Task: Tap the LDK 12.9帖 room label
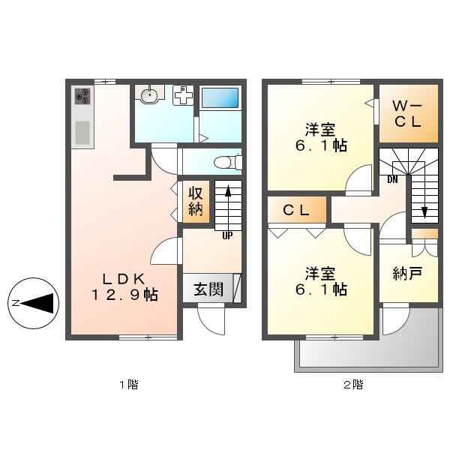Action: (124, 283)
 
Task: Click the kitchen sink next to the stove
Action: (82, 131)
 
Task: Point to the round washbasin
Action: (150, 95)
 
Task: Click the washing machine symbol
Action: (183, 96)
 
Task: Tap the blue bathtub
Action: (221, 97)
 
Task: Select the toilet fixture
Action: (226, 162)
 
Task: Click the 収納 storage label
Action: (195, 200)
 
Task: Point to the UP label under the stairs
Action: (226, 235)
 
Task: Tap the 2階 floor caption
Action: (353, 385)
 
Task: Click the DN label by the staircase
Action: (392, 179)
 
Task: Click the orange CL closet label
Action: (296, 211)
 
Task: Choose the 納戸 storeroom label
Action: (406, 273)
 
